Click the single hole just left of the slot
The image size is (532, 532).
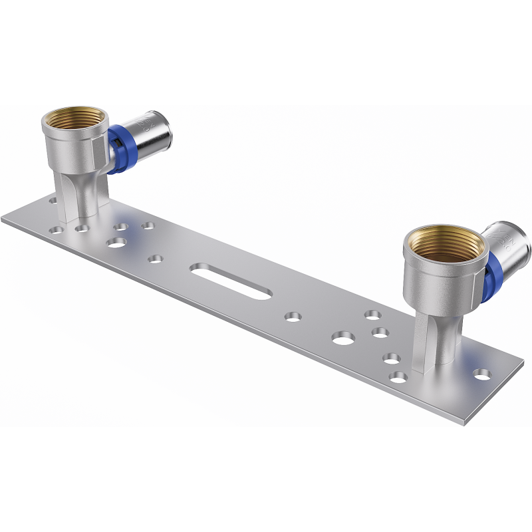pos(156,258)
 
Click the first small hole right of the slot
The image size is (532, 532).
pos(293,317)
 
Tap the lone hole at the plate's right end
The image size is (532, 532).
pos(483,374)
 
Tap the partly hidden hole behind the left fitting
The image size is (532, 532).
pos(53,198)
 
